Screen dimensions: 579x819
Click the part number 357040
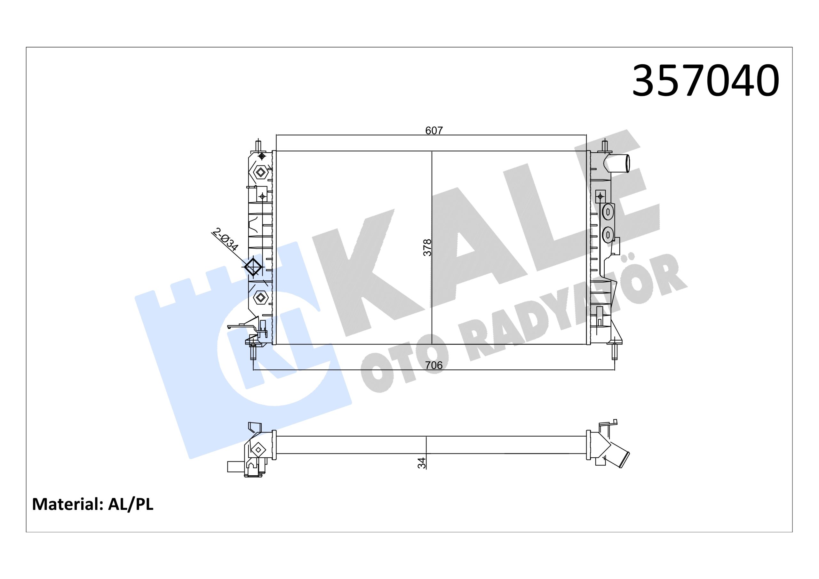coord(705,81)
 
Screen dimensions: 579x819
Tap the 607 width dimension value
coord(434,131)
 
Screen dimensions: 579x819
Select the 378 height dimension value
coord(427,247)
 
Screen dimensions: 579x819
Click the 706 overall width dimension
coord(434,365)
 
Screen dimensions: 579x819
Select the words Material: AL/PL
coord(93,504)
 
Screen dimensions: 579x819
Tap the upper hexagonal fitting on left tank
coord(261,173)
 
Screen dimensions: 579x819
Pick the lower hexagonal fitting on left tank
coord(261,297)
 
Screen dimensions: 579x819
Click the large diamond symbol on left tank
coord(253,267)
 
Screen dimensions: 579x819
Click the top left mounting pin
coord(258,146)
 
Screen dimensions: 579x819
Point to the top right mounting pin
coord(605,146)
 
